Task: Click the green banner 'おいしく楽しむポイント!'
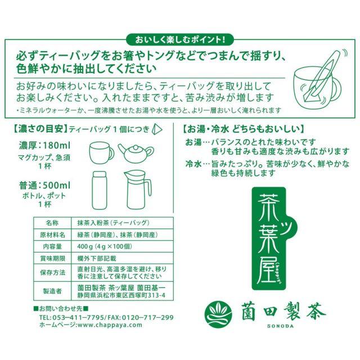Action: click(x=180, y=40)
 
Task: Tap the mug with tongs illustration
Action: click(x=321, y=78)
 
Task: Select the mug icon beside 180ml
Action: click(x=101, y=152)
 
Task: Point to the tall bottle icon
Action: click(x=100, y=190)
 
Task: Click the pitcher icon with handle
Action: click(x=137, y=190)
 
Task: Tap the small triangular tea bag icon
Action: click(x=157, y=129)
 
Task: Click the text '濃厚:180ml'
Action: click(x=45, y=146)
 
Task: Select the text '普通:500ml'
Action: click(x=45, y=185)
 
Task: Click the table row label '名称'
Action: click(x=52, y=223)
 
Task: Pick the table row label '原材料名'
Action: click(x=52, y=235)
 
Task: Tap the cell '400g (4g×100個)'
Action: click(x=105, y=246)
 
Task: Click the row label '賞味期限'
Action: click(x=52, y=259)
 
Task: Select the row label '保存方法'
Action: click(x=52, y=272)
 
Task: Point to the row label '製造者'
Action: click(x=52, y=291)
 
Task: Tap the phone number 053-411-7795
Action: click(x=79, y=317)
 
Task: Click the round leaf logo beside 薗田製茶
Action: click(x=218, y=313)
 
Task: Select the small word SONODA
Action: click(x=280, y=326)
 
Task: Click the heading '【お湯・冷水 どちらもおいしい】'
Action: click(x=243, y=129)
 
